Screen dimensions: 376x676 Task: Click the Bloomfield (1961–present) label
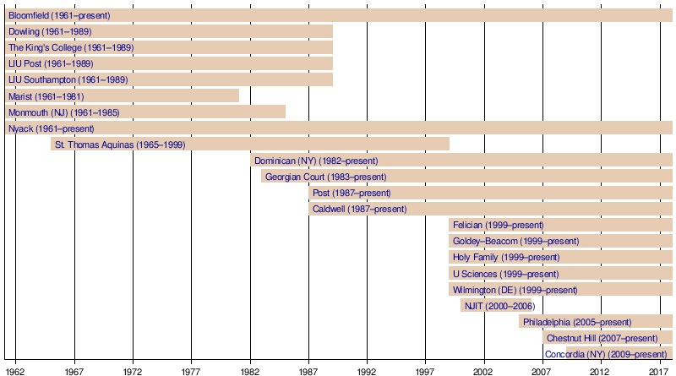pyautogui.click(x=59, y=15)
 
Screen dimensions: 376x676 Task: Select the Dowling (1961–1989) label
pyautogui.click(x=50, y=31)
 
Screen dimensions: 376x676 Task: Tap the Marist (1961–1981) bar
pyautogui.click(x=122, y=95)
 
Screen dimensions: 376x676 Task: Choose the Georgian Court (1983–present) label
pyautogui.click(x=325, y=177)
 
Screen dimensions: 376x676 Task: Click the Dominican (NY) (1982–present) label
pyautogui.click(x=316, y=161)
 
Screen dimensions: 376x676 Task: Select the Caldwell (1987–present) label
pyautogui.click(x=359, y=209)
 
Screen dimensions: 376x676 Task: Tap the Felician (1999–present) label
pyautogui.click(x=498, y=225)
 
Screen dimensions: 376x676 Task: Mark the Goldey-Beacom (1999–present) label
pyautogui.click(x=515, y=241)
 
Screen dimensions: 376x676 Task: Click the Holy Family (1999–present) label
pyautogui.click(x=505, y=257)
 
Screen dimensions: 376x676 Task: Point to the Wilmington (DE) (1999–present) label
pyautogui.click(x=515, y=289)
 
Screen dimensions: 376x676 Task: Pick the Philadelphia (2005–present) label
pyautogui.click(x=577, y=322)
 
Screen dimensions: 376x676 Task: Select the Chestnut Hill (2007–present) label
pyautogui.click(x=602, y=338)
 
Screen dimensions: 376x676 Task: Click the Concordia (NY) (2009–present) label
pyautogui.click(x=606, y=354)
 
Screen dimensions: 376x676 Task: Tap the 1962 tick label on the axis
pyautogui.click(x=15, y=370)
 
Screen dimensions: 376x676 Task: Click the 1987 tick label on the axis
pyautogui.click(x=308, y=370)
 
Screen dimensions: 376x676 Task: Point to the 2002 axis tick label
pyautogui.click(x=483, y=370)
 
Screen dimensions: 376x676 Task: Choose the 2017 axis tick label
pyautogui.click(x=658, y=370)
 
